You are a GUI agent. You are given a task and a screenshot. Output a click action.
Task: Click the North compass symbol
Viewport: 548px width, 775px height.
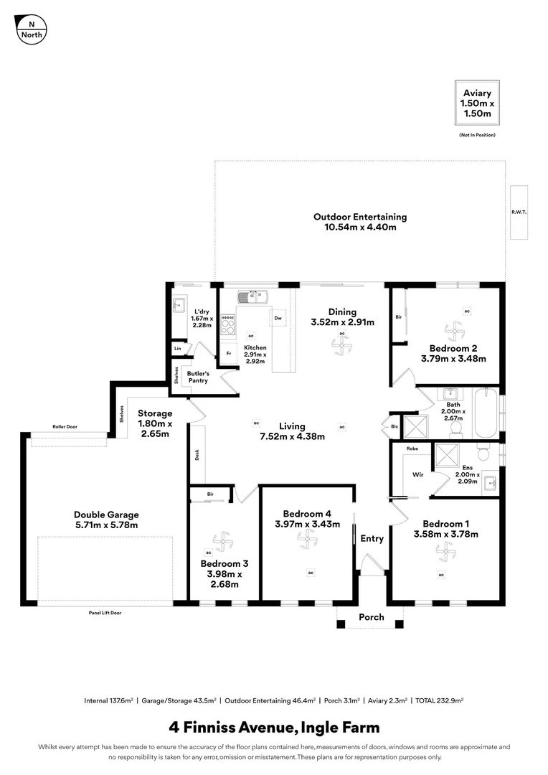pos(31,29)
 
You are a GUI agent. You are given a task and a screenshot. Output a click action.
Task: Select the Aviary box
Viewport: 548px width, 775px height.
pos(477,103)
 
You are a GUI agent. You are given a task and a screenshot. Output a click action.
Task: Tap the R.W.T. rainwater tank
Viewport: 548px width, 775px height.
pos(519,212)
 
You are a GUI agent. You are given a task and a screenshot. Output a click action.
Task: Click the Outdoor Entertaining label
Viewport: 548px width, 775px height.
pos(359,222)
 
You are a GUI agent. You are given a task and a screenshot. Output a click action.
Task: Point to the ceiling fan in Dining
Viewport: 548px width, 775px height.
pos(342,345)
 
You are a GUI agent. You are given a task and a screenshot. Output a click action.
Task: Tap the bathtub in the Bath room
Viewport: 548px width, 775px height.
pos(486,413)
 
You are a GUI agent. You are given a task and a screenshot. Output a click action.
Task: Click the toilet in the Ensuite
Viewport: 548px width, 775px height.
pos(483,455)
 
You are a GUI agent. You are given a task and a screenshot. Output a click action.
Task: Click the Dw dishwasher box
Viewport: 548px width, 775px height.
pos(278,317)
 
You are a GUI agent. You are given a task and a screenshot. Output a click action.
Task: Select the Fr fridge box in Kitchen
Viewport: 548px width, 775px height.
pos(229,354)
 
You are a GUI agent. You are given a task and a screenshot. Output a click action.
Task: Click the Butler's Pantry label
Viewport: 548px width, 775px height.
pos(198,377)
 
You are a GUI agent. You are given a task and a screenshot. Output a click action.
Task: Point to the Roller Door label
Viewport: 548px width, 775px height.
pos(65,426)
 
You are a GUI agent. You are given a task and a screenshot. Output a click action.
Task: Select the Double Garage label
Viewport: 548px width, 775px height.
pos(106,520)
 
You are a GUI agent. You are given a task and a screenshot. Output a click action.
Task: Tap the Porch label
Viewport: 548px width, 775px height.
pos(371,617)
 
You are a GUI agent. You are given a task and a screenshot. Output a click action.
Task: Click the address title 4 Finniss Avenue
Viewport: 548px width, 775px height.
pos(274,728)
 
